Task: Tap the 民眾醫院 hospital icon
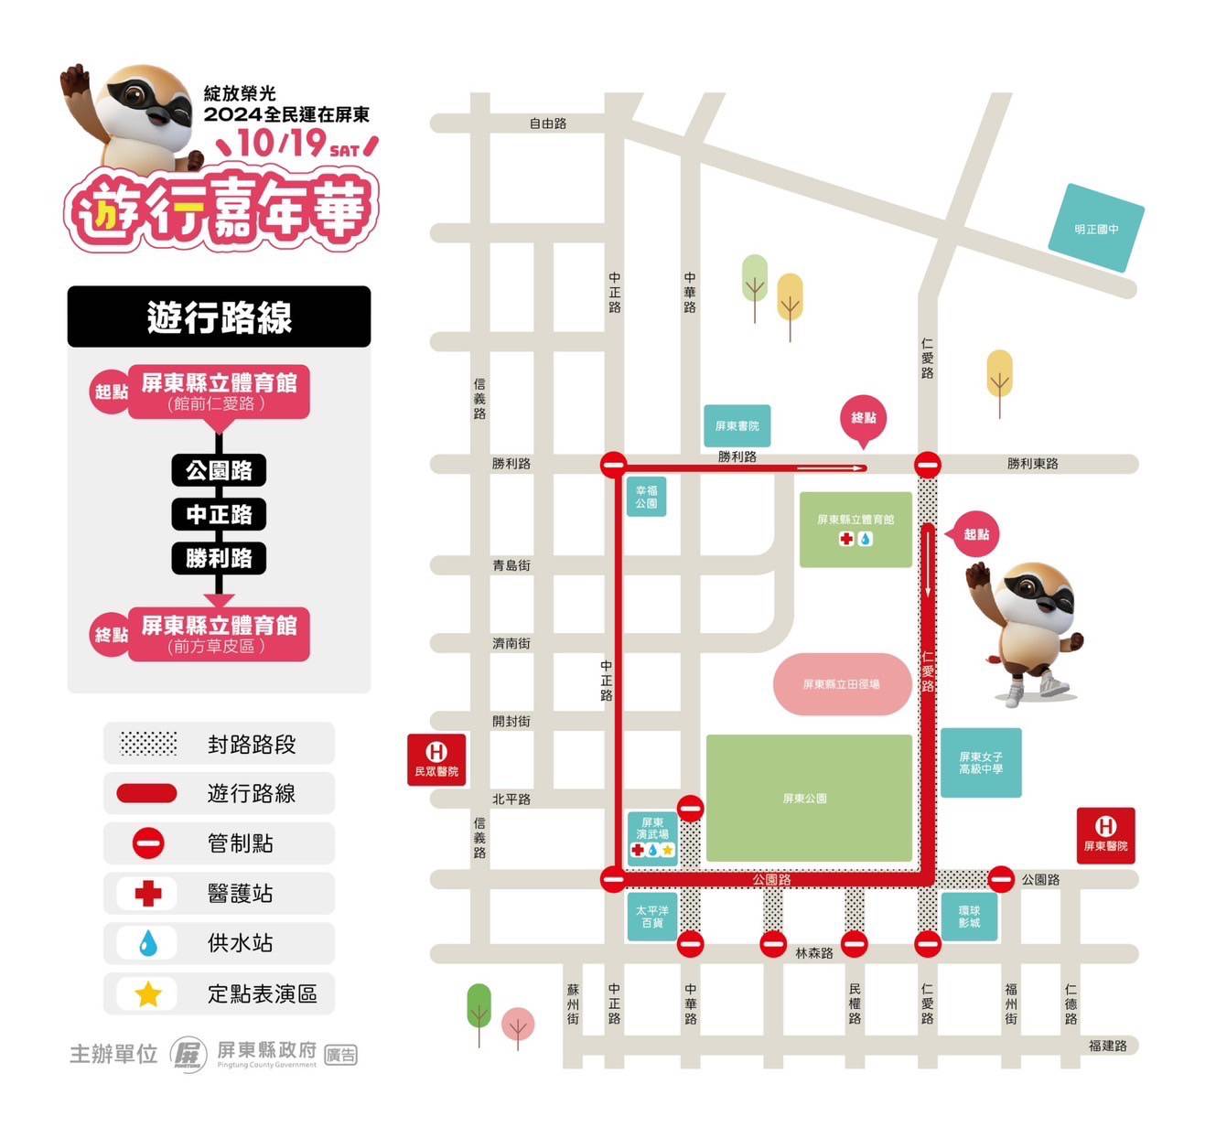point(436,759)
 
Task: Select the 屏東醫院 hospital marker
point(1105,833)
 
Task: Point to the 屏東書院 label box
point(737,425)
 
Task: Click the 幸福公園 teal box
point(646,497)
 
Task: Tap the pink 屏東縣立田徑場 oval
point(842,683)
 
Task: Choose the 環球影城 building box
point(969,916)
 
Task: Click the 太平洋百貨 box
point(652,916)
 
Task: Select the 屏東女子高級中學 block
point(981,763)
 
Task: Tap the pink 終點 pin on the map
point(864,419)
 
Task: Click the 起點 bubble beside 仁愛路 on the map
point(975,534)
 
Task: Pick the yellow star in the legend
point(148,993)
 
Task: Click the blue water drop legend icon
point(148,943)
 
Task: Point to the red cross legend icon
point(148,893)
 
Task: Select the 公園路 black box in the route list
point(219,470)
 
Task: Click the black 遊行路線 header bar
point(219,317)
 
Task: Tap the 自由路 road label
point(548,123)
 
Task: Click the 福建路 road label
point(1107,1046)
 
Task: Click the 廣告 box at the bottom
point(341,1055)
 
